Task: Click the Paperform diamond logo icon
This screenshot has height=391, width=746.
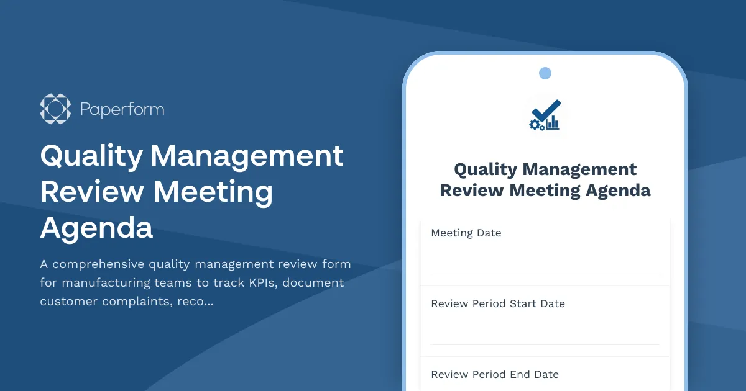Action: pos(55,109)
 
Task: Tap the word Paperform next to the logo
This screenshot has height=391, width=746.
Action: pos(122,110)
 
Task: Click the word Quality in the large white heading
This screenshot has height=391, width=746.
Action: pos(91,155)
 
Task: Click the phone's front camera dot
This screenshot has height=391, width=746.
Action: pos(545,73)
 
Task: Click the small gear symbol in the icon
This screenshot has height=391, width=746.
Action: pos(534,125)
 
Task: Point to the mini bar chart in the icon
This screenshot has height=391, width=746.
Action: pos(553,123)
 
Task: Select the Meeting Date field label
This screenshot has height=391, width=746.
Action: pos(466,233)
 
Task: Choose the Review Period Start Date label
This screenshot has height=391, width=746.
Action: pos(498,304)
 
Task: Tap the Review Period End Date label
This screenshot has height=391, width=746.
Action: pos(495,375)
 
